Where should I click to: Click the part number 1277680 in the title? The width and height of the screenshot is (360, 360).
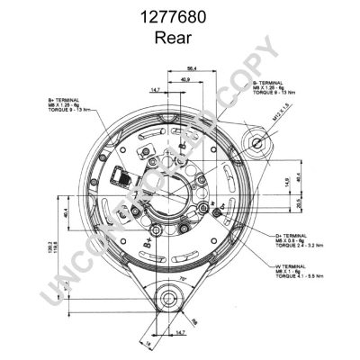coord(179,15)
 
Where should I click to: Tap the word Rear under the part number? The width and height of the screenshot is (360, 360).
coord(179,37)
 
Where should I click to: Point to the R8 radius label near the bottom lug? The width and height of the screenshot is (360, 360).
coord(193,322)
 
